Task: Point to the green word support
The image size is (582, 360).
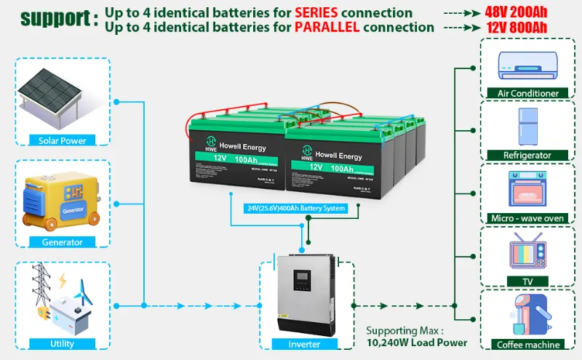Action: tap(49, 18)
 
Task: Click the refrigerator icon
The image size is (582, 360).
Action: tap(527, 127)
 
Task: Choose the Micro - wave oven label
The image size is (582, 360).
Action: tap(527, 218)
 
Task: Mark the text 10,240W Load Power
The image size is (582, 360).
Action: tap(417, 343)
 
